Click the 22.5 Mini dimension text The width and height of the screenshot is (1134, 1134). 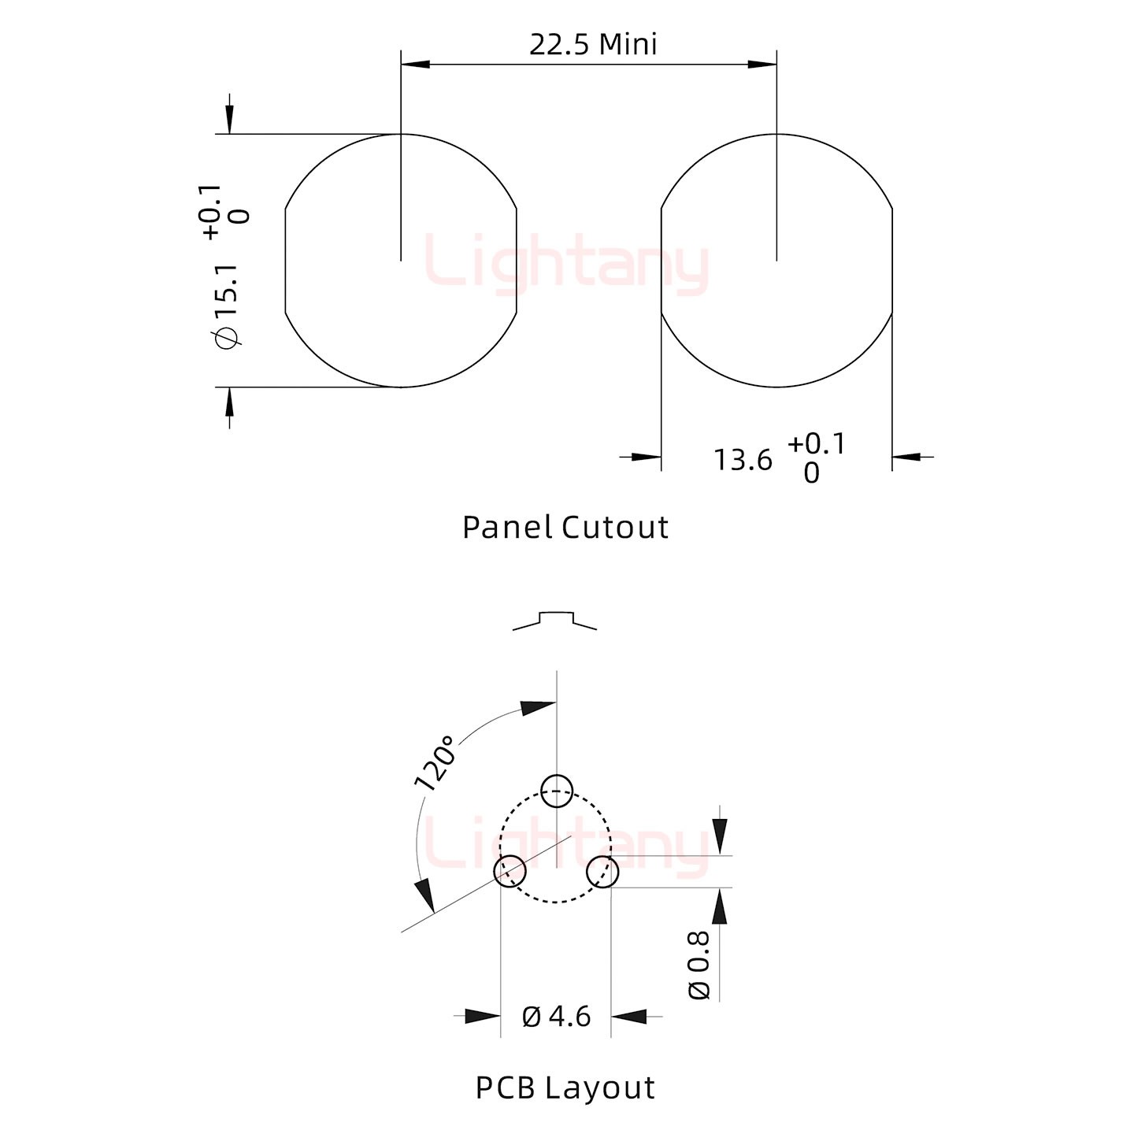point(593,45)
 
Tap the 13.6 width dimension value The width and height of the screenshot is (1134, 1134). point(743,460)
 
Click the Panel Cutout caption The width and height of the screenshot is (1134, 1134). point(565,528)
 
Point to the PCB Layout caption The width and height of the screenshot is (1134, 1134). point(565,1088)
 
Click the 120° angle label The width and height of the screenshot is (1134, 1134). point(435,762)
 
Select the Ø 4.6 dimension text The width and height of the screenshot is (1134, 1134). point(556,1017)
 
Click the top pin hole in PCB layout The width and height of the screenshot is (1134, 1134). point(557,791)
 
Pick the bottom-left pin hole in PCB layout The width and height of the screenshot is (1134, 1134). point(510,871)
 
